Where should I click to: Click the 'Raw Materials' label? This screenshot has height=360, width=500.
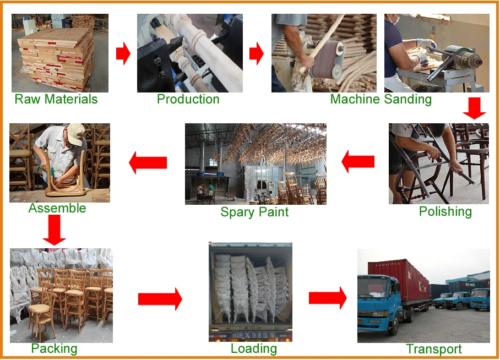pos(56,100)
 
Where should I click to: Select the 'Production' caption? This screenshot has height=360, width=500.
pos(188,100)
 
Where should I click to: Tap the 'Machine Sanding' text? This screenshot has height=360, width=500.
pos(381,100)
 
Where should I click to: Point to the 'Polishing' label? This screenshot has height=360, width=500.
pos(445,212)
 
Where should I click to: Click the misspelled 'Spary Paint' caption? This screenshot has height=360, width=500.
pos(254,212)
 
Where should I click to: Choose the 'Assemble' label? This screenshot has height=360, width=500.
pos(57,208)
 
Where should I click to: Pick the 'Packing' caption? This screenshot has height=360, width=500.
pos(54,348)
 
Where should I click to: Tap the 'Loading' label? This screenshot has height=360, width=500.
pos(254,348)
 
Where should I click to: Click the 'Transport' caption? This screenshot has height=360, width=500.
pos(434,349)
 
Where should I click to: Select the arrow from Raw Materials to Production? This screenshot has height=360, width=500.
pos(123,54)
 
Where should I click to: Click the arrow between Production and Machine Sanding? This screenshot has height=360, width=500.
pos(256,53)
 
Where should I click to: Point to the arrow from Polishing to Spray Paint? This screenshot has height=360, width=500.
pos(358,162)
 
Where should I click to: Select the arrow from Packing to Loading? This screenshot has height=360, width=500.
pos(160,298)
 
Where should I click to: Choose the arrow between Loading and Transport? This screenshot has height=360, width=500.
pos(328,298)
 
